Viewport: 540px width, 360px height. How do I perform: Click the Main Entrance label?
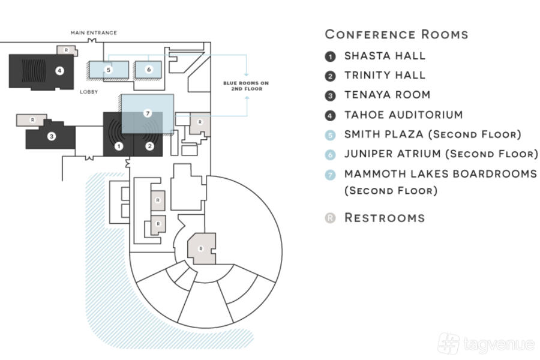pyautogui.click(x=94, y=32)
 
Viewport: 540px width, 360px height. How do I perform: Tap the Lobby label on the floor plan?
pyautogui.click(x=89, y=92)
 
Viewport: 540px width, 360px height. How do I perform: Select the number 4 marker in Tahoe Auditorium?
pyautogui.click(x=59, y=70)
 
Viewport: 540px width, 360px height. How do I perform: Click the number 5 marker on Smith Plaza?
pyautogui.click(x=108, y=70)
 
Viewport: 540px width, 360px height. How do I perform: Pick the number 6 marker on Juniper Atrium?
pyautogui.click(x=149, y=70)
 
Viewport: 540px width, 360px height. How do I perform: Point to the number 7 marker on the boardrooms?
pyautogui.click(x=147, y=112)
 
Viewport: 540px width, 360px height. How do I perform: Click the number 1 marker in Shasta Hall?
pyautogui.click(x=119, y=146)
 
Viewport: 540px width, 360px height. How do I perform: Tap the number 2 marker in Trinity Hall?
pyautogui.click(x=150, y=146)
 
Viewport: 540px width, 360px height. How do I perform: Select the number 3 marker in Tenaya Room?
pyautogui.click(x=52, y=137)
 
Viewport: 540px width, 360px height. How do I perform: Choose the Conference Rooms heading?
pyautogui.click(x=397, y=34)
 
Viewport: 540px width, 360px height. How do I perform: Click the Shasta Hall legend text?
pyautogui.click(x=385, y=56)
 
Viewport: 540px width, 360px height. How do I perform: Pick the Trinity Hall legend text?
pyautogui.click(x=385, y=76)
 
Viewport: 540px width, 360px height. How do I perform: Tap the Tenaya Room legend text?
pyautogui.click(x=387, y=95)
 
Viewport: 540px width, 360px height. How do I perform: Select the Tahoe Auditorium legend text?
pyautogui.click(x=403, y=115)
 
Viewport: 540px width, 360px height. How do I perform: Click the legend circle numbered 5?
pyautogui.click(x=330, y=135)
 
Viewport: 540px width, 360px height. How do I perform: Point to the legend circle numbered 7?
pyautogui.click(x=330, y=175)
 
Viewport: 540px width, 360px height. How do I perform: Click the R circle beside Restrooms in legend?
pyautogui.click(x=330, y=218)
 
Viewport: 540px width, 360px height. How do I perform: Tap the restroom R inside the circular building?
pyautogui.click(x=201, y=248)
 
